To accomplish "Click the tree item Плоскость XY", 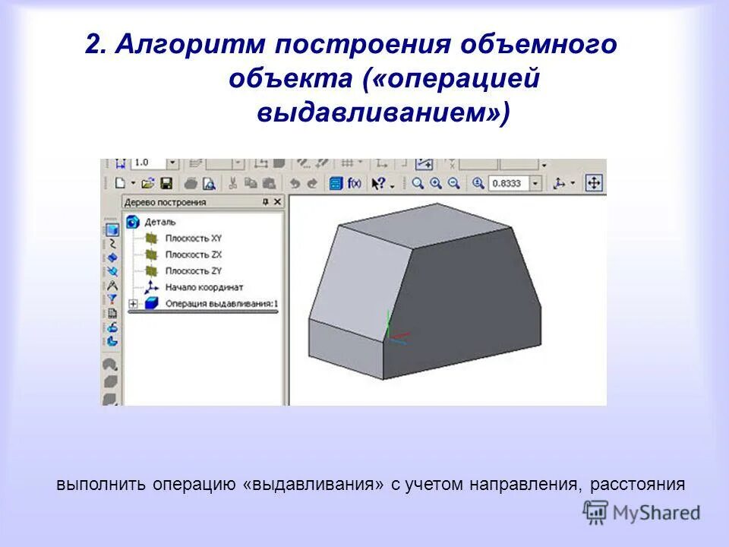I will (193, 238).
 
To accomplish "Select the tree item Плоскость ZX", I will (193, 255).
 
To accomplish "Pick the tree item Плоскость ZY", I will (193, 270).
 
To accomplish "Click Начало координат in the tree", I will (204, 287).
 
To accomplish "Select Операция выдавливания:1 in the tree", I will (220, 303).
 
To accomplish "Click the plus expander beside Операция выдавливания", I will (133, 304).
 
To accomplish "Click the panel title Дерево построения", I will (165, 202).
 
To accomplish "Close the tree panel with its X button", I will (277, 202).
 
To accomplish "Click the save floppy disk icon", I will (166, 183).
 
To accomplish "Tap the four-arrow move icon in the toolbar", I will (594, 183).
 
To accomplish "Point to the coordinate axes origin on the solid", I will (388, 335).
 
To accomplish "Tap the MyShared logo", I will (642, 512).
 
